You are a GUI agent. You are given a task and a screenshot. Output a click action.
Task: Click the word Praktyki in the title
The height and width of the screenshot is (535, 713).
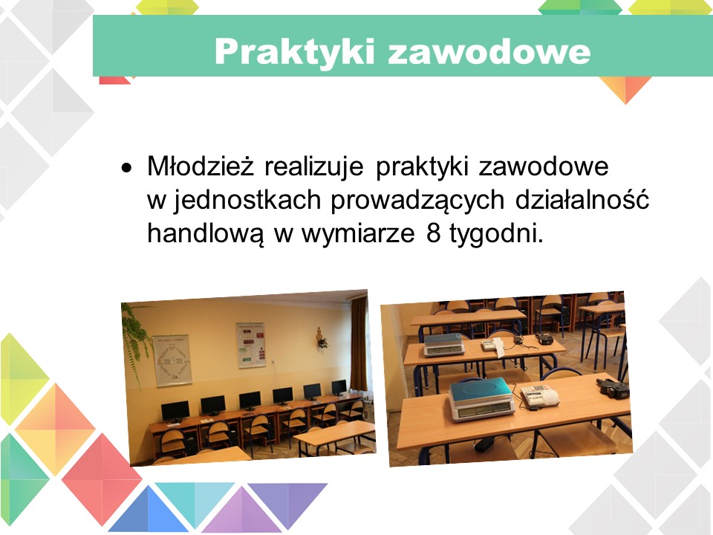click(x=295, y=52)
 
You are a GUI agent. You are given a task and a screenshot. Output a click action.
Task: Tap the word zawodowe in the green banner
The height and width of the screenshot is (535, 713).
click(x=489, y=52)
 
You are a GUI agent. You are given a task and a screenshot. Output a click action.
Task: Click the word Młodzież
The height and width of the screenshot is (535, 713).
click(x=200, y=166)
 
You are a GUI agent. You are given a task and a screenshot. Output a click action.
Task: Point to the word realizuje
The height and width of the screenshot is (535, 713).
click(x=313, y=166)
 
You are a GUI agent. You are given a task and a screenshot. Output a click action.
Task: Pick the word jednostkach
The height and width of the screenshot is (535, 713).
click(x=247, y=200)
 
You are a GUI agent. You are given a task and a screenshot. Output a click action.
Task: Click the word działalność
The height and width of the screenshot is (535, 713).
click(x=582, y=199)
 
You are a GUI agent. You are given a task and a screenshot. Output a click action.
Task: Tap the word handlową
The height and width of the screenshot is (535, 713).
click(x=205, y=234)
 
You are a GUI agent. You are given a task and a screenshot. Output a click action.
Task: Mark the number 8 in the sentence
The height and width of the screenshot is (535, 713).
click(x=434, y=234)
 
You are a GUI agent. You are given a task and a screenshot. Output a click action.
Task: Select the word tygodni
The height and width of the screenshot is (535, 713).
click(x=496, y=235)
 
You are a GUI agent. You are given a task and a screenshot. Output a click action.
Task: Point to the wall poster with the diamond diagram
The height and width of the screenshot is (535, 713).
click(x=172, y=361)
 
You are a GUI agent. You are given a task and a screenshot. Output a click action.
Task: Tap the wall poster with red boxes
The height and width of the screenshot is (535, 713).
click(x=250, y=344)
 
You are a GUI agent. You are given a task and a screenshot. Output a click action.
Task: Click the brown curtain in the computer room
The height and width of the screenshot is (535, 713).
click(x=359, y=343)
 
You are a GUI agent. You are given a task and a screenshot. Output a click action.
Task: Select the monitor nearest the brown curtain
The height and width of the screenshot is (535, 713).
click(x=339, y=388)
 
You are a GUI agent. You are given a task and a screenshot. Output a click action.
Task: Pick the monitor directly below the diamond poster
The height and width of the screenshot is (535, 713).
click(x=175, y=412)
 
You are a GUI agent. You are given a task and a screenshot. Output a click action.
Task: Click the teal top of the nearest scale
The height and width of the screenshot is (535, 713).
click(x=481, y=390)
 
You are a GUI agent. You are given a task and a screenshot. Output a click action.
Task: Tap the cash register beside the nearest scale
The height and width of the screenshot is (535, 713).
click(x=540, y=396)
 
